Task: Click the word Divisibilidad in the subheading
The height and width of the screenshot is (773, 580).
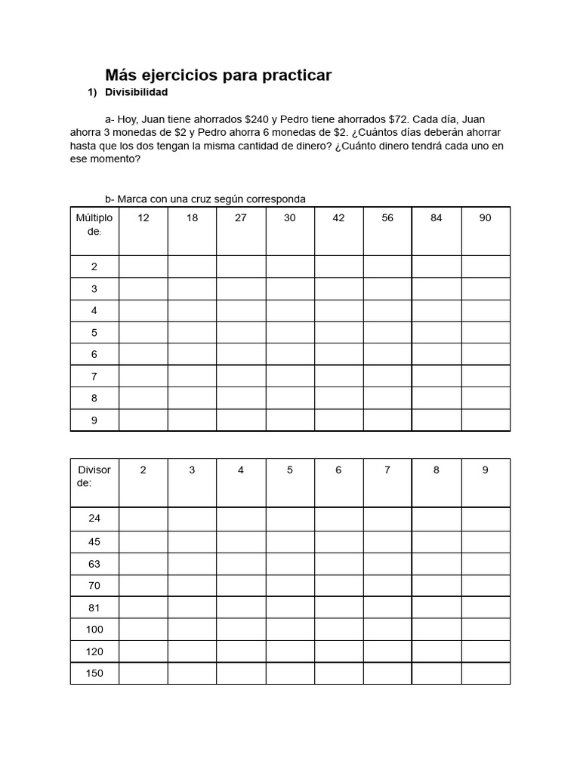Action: click(136, 92)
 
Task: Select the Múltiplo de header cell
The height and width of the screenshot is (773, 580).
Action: click(94, 224)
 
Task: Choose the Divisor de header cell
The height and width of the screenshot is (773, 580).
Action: click(94, 476)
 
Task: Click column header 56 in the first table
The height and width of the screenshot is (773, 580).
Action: click(387, 218)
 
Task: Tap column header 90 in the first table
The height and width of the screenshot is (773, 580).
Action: click(485, 218)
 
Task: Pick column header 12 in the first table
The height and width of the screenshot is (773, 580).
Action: click(143, 218)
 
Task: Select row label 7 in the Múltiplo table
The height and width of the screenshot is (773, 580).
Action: click(94, 376)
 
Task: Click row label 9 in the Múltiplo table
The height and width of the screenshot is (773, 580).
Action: click(94, 420)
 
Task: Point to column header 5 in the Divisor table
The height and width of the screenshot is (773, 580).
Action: click(290, 470)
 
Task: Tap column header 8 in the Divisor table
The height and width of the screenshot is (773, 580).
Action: click(436, 470)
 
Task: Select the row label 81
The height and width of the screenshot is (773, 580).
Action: click(94, 608)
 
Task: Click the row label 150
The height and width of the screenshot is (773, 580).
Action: click(94, 673)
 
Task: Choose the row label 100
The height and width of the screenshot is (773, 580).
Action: click(94, 630)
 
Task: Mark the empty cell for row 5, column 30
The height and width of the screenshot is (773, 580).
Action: click(290, 332)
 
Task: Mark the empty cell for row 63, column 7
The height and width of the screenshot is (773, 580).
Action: click(387, 564)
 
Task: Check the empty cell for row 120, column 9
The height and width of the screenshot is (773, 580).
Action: click(486, 651)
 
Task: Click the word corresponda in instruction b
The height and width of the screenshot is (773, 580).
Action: click(273, 199)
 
